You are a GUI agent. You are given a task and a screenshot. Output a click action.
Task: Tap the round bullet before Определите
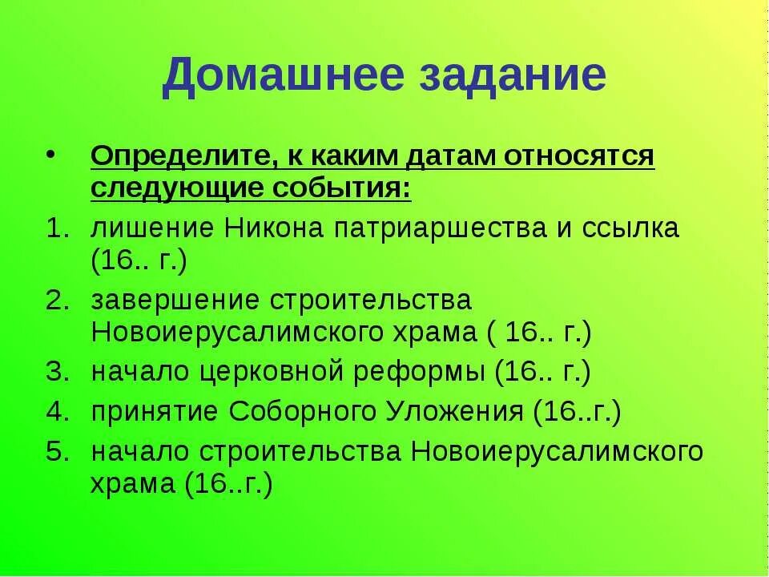[52, 152]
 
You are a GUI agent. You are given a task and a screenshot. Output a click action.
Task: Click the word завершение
[175, 300]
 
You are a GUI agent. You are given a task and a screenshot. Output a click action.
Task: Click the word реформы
[425, 373]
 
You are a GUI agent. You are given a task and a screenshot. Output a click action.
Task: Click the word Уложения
[455, 412]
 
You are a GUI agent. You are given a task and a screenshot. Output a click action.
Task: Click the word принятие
[155, 412]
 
